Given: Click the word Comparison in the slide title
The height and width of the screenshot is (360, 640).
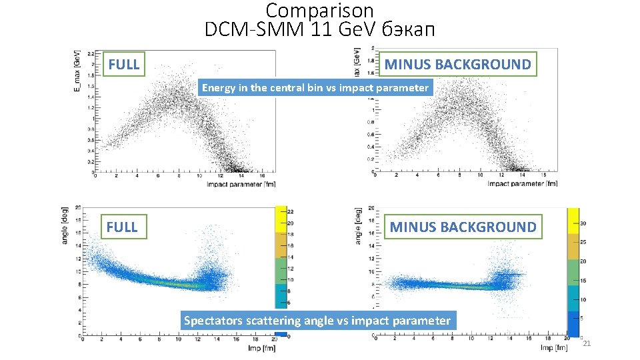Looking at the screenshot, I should tap(319, 11).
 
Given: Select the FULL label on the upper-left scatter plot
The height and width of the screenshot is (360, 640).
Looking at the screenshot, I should tap(124, 65).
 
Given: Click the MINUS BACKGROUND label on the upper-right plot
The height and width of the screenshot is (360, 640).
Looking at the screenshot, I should tap(457, 65).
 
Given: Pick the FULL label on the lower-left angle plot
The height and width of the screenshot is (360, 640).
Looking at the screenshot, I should tap(122, 227).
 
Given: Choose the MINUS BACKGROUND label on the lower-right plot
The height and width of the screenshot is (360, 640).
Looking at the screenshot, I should tap(463, 227).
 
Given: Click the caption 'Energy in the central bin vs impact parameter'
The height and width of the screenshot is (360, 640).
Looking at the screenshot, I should tap(315, 87).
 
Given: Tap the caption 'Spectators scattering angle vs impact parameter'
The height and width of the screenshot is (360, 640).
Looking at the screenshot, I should tap(317, 321).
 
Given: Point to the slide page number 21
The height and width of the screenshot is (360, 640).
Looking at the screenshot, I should tap(587, 344).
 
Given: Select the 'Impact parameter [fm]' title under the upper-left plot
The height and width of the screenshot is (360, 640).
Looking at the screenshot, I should tap(241, 183).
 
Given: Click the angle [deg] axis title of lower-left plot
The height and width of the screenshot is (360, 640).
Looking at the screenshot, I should tap(65, 225).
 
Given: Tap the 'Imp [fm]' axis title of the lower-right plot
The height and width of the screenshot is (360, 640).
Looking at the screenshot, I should tap(555, 348).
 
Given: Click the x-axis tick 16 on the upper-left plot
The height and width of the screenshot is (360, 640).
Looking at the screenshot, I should tap(263, 177).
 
